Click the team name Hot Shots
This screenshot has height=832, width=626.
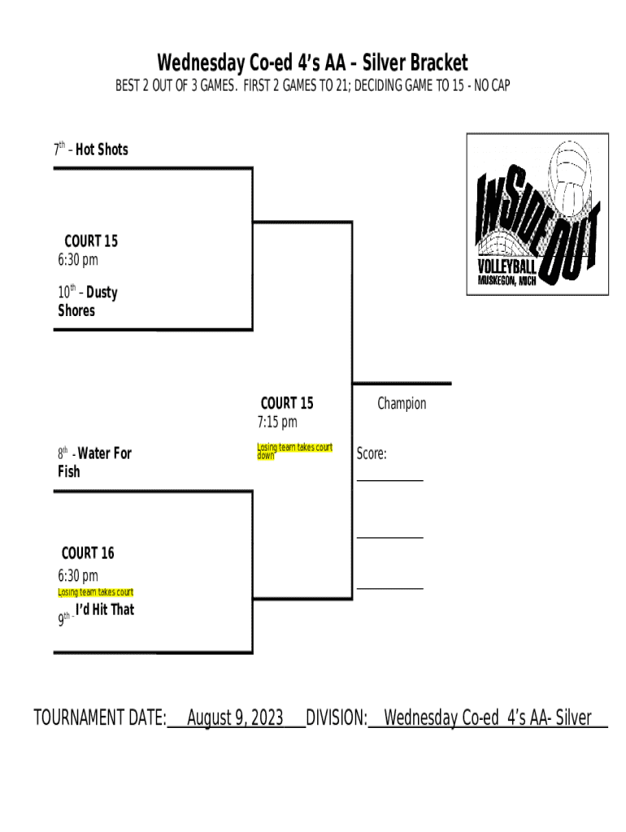click(x=102, y=149)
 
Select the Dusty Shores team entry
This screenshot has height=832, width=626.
click(x=87, y=301)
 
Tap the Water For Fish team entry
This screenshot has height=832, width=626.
click(x=93, y=461)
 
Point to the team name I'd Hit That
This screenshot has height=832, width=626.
click(x=105, y=609)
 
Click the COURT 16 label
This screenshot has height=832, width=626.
click(x=88, y=553)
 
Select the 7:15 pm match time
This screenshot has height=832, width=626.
click(x=278, y=422)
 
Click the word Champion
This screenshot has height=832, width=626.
click(x=402, y=404)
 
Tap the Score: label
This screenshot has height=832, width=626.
click(x=372, y=454)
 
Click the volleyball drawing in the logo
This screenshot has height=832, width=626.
click(x=571, y=175)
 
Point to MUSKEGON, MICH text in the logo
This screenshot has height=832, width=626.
click(x=506, y=281)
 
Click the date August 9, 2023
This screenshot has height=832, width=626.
click(x=235, y=718)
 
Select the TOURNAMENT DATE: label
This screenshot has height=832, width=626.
click(x=100, y=718)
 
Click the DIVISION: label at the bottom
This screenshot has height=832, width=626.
click(x=337, y=718)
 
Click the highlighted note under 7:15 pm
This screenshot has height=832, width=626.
click(x=294, y=452)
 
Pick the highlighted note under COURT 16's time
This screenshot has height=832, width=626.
click(x=95, y=592)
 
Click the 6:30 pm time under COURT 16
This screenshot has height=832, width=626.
click(x=78, y=576)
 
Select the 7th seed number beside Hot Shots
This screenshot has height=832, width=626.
click(x=59, y=149)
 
